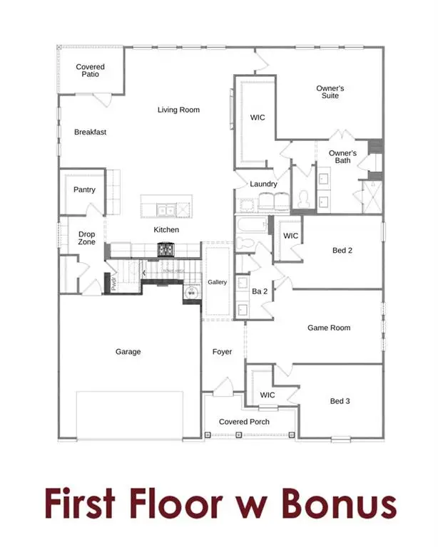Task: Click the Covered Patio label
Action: click(91, 71)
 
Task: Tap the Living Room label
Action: click(178, 110)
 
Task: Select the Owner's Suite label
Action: click(330, 92)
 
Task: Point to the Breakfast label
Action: click(91, 132)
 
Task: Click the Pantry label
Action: click(84, 189)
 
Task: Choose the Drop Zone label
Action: click(87, 238)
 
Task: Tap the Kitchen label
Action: click(166, 230)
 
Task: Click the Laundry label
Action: click(263, 184)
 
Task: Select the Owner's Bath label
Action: click(342, 157)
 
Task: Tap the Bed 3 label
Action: click(340, 401)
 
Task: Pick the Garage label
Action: click(128, 351)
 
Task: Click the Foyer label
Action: click(222, 351)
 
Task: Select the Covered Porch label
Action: click(244, 422)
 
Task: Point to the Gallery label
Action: click(217, 282)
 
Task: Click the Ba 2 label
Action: click(259, 291)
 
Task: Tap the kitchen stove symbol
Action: click(166, 249)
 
